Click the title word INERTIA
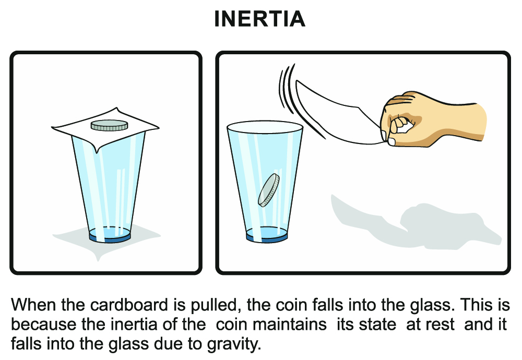(259, 19)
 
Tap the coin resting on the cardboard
(109, 125)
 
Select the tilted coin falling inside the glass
(268, 189)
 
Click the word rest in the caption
(445, 325)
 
